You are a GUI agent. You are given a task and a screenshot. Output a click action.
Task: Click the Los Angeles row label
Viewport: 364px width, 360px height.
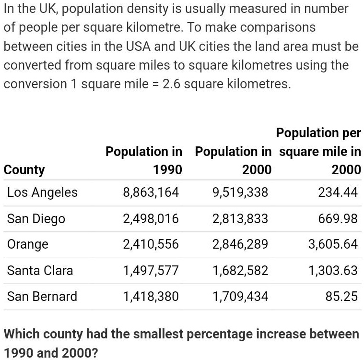(42, 192)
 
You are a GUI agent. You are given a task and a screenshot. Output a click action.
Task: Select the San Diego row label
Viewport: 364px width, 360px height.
(36, 219)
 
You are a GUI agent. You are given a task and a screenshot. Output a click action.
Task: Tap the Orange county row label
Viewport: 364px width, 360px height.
(28, 244)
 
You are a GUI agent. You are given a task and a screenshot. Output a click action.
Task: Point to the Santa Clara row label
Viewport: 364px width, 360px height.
(40, 271)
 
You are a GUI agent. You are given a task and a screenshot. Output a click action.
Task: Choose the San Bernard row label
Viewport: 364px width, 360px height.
(42, 296)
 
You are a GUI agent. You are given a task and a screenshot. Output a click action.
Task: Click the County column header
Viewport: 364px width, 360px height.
(24, 170)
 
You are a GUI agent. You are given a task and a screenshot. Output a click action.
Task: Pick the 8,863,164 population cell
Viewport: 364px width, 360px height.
(151, 192)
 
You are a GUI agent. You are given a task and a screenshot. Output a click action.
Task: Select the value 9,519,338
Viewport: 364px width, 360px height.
(240, 192)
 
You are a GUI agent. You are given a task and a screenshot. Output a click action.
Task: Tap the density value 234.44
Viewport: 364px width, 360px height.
(338, 192)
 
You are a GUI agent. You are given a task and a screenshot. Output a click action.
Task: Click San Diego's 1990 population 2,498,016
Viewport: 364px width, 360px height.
(151, 219)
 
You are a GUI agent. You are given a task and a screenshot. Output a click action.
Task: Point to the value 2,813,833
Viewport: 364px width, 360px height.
(240, 219)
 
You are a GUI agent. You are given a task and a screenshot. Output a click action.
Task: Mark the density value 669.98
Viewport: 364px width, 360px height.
(338, 219)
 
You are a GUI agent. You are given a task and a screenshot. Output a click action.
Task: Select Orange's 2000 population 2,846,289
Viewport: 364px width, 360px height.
(240, 244)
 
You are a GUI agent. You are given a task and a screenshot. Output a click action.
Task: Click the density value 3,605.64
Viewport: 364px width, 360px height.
(333, 244)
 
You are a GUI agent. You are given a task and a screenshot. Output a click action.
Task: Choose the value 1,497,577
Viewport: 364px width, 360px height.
(151, 271)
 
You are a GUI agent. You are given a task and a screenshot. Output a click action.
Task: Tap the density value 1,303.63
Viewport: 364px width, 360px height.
(333, 271)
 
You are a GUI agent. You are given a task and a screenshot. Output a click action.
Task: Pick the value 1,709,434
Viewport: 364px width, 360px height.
(240, 296)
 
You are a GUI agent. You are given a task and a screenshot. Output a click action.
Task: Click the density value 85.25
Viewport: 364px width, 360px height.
(341, 296)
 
